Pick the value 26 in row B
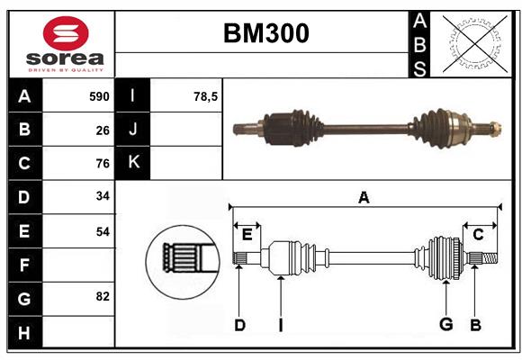(103, 130)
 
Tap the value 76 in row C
(103, 164)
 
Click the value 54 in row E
(103, 231)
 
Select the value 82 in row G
(103, 296)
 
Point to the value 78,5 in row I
(206, 96)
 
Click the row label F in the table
(24, 265)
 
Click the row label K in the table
(133, 163)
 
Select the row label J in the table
(133, 130)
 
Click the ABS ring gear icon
(472, 43)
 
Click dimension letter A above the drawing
(364, 197)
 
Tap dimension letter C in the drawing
(479, 234)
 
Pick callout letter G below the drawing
(445, 325)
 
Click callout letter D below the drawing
(239, 325)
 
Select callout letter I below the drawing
(280, 325)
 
